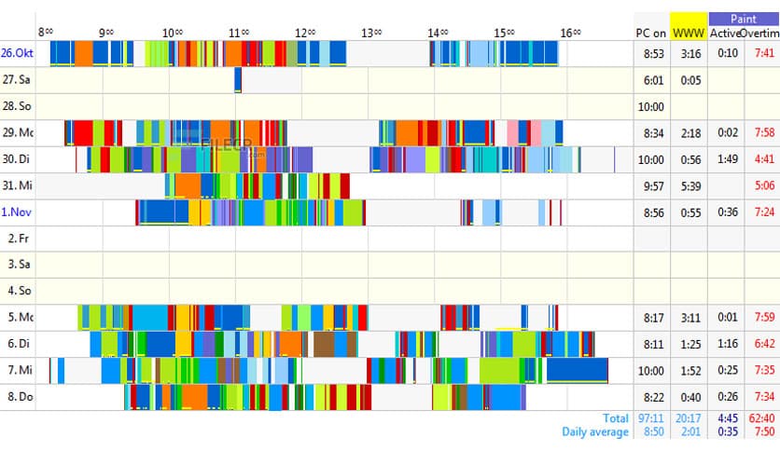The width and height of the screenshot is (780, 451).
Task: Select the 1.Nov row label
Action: [x=16, y=212]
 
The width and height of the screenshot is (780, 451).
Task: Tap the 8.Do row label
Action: [x=17, y=398]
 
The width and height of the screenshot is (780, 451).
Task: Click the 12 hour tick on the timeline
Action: [x=304, y=33]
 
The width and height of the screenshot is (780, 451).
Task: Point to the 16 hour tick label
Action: [x=570, y=33]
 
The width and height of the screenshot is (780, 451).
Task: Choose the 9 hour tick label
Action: [x=106, y=33]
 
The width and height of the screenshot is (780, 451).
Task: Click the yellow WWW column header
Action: [x=689, y=33]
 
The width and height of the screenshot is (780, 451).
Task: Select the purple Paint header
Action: [x=743, y=18]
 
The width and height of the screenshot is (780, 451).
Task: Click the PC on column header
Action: [x=651, y=33]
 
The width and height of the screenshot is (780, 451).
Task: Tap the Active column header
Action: [x=724, y=33]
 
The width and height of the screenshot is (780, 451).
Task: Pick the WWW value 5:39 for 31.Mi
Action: [x=690, y=186]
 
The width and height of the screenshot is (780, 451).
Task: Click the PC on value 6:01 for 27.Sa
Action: [x=653, y=80]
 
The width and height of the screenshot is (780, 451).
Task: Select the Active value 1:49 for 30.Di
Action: [x=727, y=159]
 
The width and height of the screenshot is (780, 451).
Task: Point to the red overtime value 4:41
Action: [x=762, y=159]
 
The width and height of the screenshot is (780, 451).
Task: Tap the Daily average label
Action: [x=595, y=431]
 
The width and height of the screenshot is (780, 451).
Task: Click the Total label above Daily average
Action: [x=616, y=418]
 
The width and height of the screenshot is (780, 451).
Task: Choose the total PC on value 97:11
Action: [x=652, y=418]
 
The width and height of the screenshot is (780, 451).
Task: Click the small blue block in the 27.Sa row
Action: [x=238, y=80]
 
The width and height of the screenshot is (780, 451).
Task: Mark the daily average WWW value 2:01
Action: [x=690, y=431]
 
